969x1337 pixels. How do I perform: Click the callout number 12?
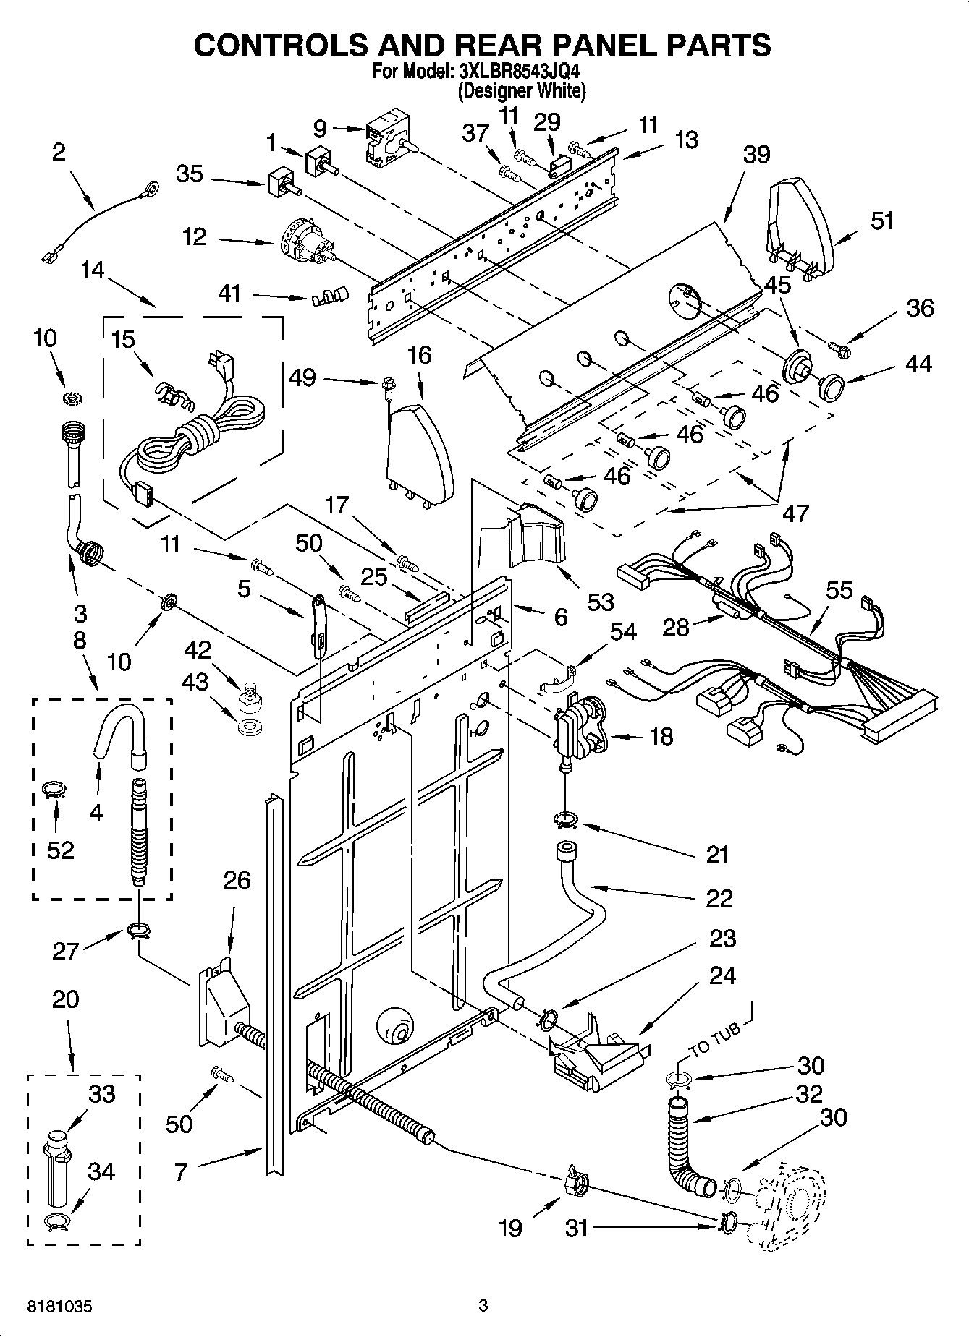click(x=195, y=238)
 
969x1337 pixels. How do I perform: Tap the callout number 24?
click(x=722, y=975)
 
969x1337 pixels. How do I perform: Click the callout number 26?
click(x=237, y=881)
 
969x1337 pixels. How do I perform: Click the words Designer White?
click(x=521, y=91)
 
